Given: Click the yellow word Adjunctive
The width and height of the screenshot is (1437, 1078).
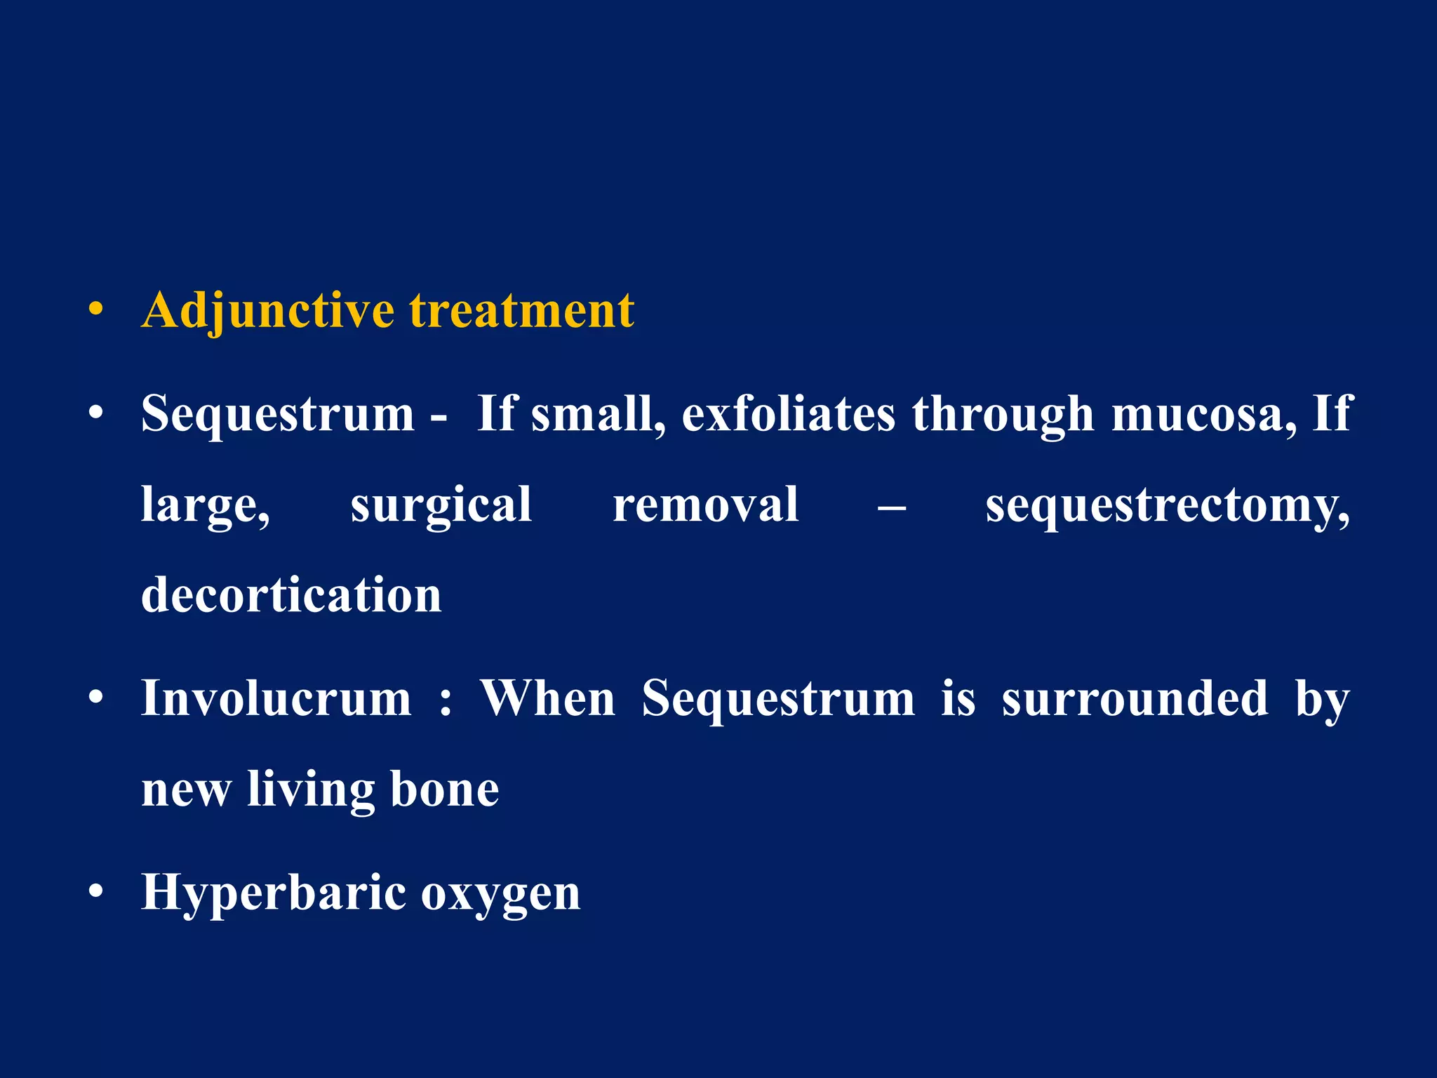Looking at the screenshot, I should pos(267,311).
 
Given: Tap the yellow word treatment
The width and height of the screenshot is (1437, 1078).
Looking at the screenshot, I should pos(522,311).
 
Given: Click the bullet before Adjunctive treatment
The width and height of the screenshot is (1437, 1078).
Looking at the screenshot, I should pos(96,310).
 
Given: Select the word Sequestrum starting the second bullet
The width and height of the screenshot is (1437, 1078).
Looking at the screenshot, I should pos(278,414).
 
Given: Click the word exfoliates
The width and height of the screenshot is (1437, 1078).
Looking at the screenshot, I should pos(788,414).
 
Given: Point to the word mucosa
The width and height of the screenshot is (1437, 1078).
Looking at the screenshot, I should pos(1203,414).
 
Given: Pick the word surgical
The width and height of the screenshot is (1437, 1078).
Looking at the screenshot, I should pos(441,505).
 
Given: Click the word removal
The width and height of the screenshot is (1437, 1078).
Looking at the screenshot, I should pos(705,505).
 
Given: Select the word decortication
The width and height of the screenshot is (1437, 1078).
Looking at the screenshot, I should pos(291,595).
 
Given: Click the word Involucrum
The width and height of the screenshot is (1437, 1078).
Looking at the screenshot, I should pos(276,699).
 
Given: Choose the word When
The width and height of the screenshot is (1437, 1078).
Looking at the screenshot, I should pos(547,699).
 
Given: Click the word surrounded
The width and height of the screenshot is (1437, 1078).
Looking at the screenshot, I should pos(1135,699).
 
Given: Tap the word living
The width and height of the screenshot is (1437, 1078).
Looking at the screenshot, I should pos(311,791).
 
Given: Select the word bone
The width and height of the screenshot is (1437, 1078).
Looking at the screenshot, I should pos(444,790).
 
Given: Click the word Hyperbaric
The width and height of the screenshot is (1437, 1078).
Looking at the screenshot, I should pos(274,894).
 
